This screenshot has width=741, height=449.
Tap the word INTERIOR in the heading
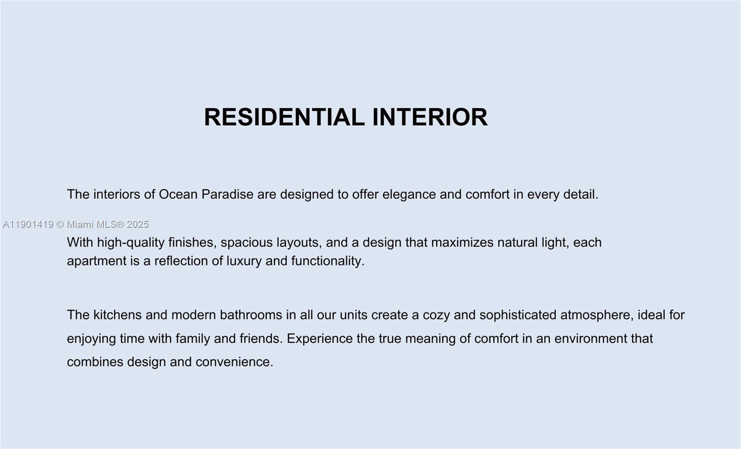[x=430, y=117]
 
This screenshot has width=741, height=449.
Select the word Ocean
[x=178, y=194]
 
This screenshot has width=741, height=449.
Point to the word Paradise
[x=227, y=194]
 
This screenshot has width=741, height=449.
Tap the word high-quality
[x=131, y=243]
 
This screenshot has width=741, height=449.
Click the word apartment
[x=96, y=261]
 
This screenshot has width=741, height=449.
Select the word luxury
[x=244, y=261]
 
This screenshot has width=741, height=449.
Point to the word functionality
[x=327, y=261]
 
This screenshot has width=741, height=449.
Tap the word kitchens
[x=118, y=315]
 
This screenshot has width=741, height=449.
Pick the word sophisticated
[x=518, y=315]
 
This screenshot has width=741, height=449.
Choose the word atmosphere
[x=597, y=315]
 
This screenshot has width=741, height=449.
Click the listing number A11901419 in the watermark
[x=28, y=224]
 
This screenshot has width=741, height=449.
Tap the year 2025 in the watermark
[x=138, y=224]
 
